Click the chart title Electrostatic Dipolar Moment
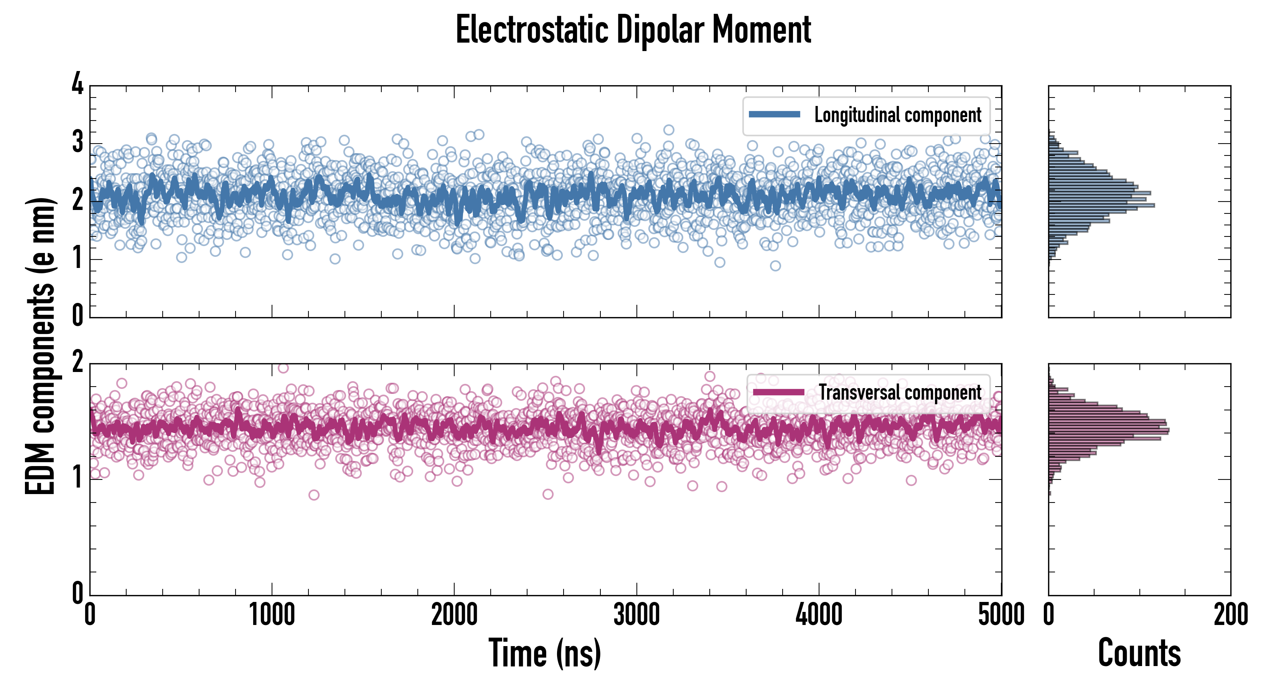coord(633,30)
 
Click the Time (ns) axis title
coord(544,653)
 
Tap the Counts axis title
coord(1139,653)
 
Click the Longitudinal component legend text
coord(897,115)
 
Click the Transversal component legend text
coord(900,392)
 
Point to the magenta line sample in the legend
coord(778,392)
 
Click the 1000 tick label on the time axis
coord(272,615)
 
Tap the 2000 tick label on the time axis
coord(454,615)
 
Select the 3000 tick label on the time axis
coord(636,615)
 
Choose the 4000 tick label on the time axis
coord(819,615)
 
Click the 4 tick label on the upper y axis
coord(77,84)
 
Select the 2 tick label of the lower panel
coord(77,363)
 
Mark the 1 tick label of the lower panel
coord(77,477)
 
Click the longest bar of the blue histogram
coord(1101,205)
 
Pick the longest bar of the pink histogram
coord(1108,430)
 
